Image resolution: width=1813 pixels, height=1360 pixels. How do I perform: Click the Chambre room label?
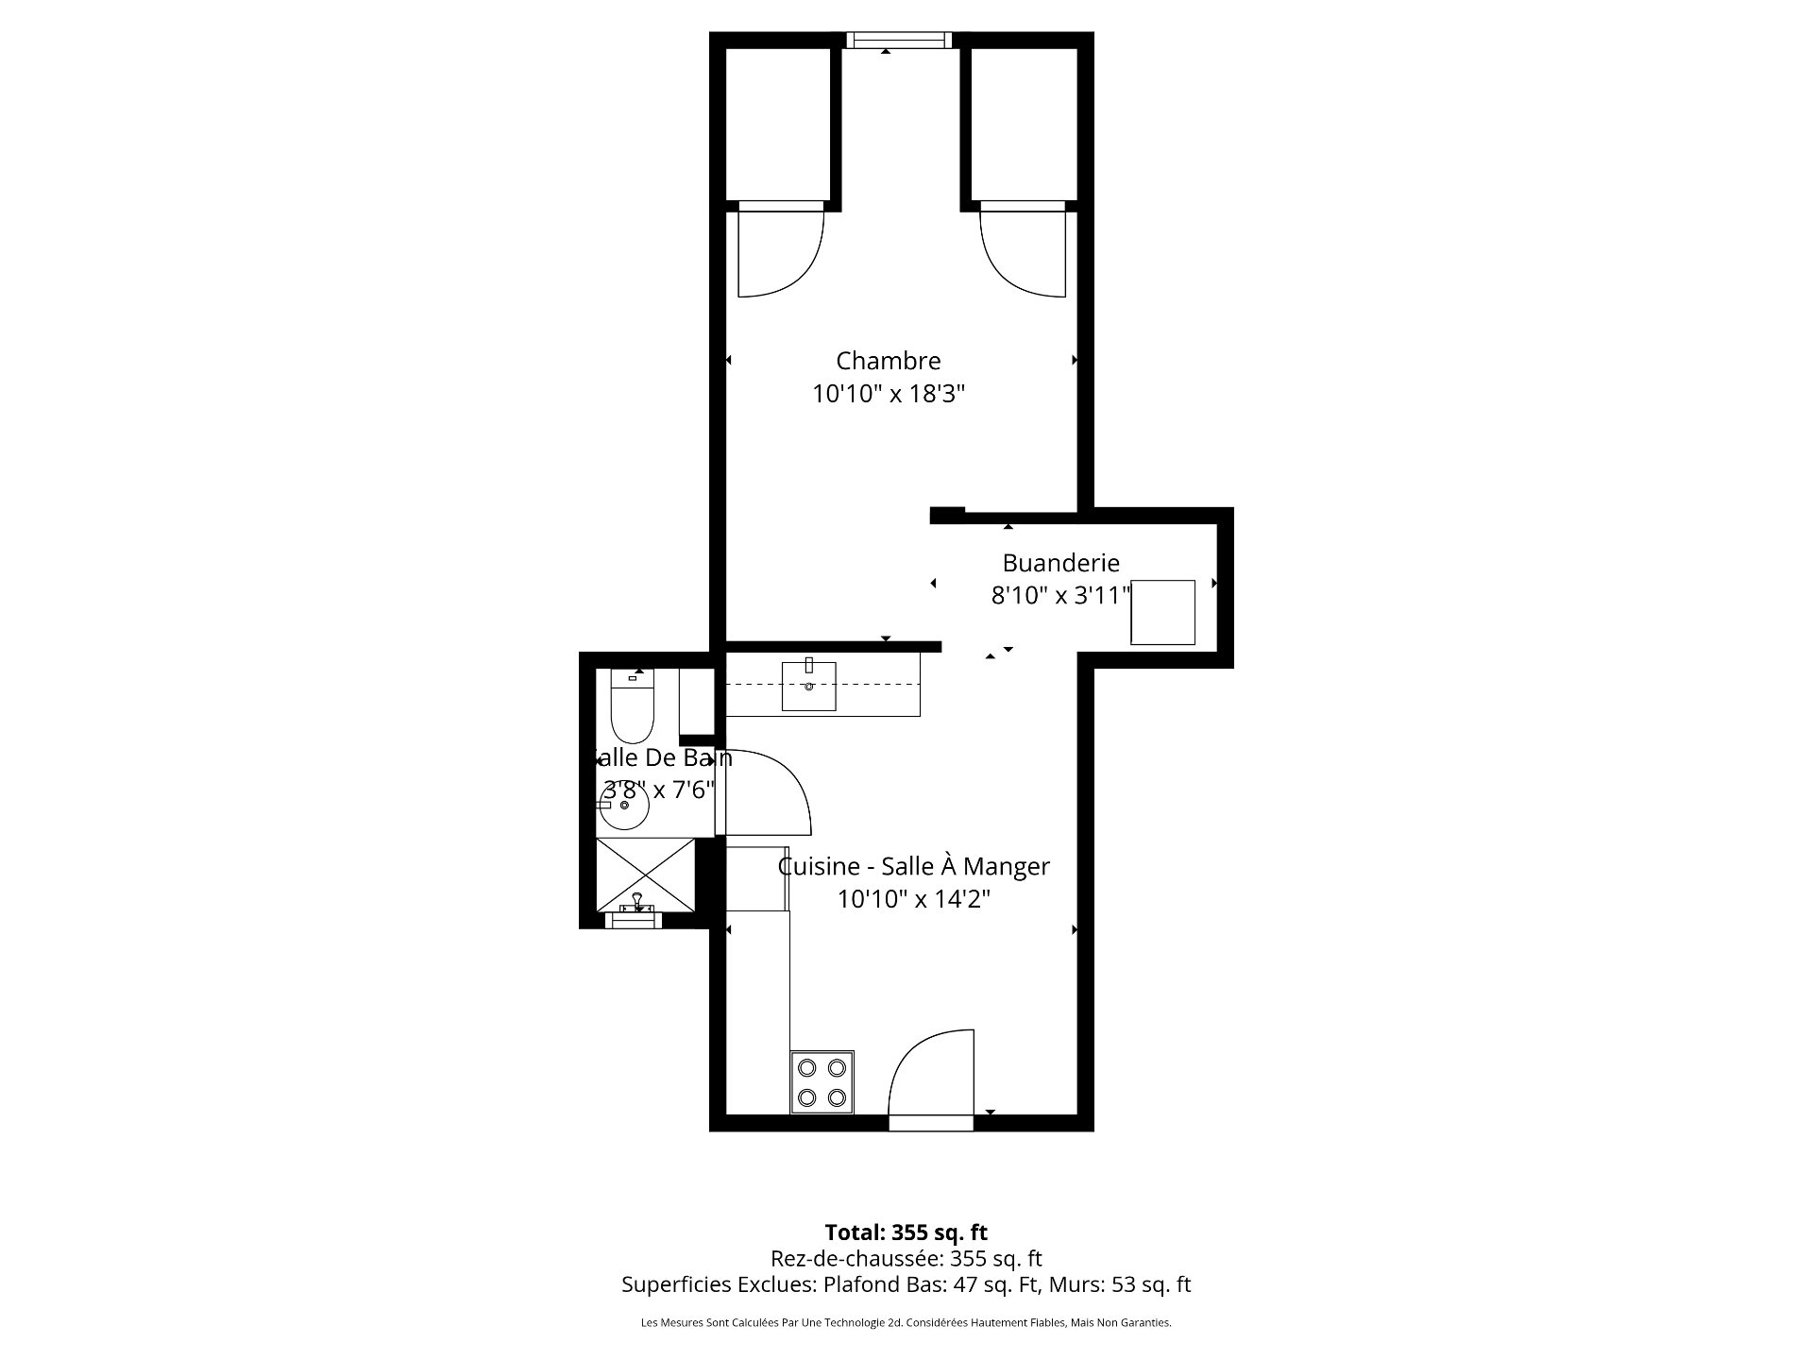[x=888, y=361]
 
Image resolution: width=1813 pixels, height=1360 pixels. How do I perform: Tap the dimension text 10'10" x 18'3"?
[x=888, y=394]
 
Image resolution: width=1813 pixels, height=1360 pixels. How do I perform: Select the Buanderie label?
[x=1060, y=563]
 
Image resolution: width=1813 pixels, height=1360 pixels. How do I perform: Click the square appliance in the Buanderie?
[x=1162, y=612]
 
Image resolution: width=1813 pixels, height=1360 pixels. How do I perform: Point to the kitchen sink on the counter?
[x=808, y=686]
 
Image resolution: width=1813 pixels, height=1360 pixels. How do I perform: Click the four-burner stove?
[x=822, y=1082]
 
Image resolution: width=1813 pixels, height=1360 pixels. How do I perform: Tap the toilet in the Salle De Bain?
[x=632, y=708]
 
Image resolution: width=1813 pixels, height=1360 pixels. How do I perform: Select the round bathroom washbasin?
[x=623, y=806]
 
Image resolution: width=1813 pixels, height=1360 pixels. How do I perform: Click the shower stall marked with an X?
[x=645, y=875]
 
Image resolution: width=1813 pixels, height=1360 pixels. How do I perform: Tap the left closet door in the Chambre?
[x=779, y=250]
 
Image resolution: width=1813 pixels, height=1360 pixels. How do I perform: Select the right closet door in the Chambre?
[x=1024, y=250]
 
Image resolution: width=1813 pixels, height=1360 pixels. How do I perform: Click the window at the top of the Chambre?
[x=896, y=40]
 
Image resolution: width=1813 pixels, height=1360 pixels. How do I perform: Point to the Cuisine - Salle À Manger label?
[x=913, y=866]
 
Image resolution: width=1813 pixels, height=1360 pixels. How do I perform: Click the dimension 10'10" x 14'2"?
[x=913, y=899]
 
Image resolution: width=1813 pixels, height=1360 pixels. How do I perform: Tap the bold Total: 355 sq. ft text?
[x=906, y=1232]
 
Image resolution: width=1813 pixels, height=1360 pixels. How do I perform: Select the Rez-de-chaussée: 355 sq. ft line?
[x=906, y=1258]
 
